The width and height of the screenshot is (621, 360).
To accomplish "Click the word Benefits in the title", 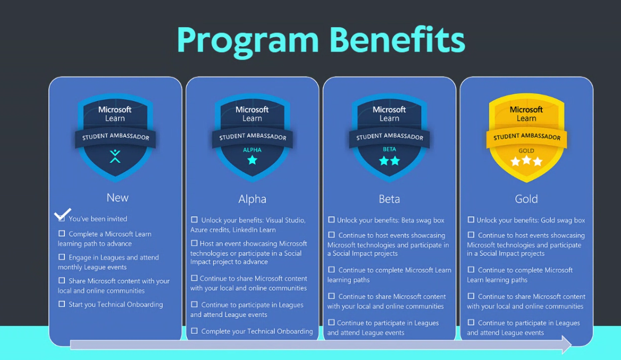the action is pyautogui.click(x=397, y=39).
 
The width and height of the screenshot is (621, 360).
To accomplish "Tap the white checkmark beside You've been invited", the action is pyautogui.click(x=62, y=214).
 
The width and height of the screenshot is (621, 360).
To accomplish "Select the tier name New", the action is pyautogui.click(x=117, y=197).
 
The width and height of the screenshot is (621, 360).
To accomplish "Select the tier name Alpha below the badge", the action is pyautogui.click(x=252, y=199).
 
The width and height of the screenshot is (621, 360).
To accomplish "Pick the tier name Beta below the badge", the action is pyautogui.click(x=389, y=199).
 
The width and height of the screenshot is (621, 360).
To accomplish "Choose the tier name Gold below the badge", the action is pyautogui.click(x=526, y=199).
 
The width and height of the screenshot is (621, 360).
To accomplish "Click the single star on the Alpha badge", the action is pyautogui.click(x=252, y=160).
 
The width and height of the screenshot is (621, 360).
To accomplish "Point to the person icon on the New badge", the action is pyautogui.click(x=115, y=156).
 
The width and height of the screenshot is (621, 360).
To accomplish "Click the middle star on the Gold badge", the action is pyautogui.click(x=526, y=160).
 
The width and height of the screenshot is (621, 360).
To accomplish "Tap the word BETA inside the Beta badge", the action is pyautogui.click(x=389, y=149).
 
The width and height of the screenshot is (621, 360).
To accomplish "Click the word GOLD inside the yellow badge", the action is pyautogui.click(x=526, y=150).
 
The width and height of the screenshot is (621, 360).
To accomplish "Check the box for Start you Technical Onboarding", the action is pyautogui.click(x=62, y=304).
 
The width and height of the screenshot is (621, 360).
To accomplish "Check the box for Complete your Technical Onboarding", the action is pyautogui.click(x=194, y=331).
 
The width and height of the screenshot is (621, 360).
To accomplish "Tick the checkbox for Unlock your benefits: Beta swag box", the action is pyautogui.click(x=331, y=220).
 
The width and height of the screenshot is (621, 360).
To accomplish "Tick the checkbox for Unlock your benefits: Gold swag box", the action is pyautogui.click(x=471, y=220).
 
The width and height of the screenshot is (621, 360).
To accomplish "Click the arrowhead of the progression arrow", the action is pyautogui.click(x=567, y=344).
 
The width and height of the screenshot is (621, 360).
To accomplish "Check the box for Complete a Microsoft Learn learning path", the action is pyautogui.click(x=62, y=233).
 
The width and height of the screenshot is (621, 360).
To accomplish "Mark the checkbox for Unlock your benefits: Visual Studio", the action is pyautogui.click(x=194, y=220).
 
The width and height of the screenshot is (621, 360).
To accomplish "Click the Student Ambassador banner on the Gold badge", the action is pyautogui.click(x=526, y=137).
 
